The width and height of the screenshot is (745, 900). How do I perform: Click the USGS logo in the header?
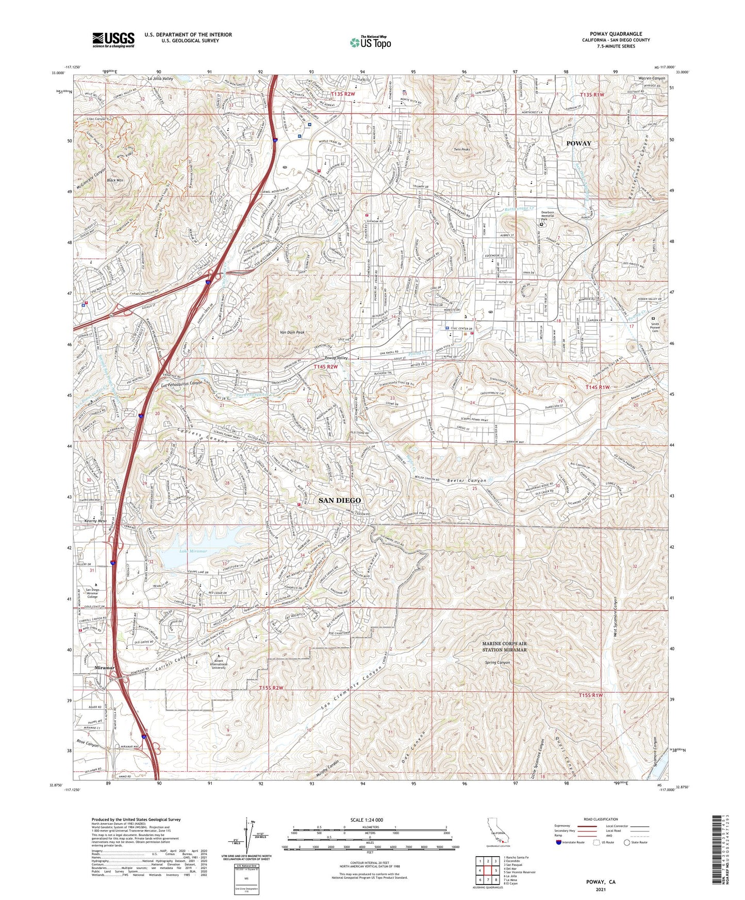(113, 40)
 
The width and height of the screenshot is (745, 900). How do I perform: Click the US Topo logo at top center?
(371, 42)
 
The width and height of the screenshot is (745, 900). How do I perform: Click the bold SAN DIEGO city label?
(339, 500)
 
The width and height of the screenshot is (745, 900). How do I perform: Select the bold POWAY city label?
(579, 143)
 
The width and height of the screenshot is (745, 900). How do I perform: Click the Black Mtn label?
(114, 180)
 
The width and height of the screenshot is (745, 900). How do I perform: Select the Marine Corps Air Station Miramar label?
(504, 647)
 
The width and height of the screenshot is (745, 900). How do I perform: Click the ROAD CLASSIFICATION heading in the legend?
(601, 819)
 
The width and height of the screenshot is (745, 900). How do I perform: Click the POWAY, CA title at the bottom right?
(601, 882)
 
